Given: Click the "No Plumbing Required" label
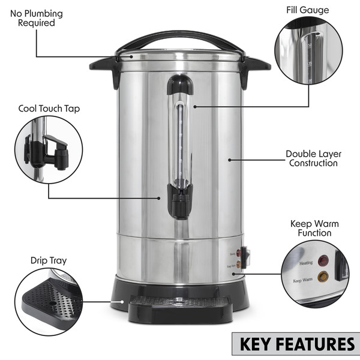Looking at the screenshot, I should coord(36,18).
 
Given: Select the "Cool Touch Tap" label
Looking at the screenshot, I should coord(49,109).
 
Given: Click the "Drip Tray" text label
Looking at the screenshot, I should coord(49,260).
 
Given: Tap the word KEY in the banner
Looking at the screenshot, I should coord(260,344).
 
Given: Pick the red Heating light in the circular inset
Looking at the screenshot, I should coord(325,260).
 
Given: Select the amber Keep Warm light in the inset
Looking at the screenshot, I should coord(323,277).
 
